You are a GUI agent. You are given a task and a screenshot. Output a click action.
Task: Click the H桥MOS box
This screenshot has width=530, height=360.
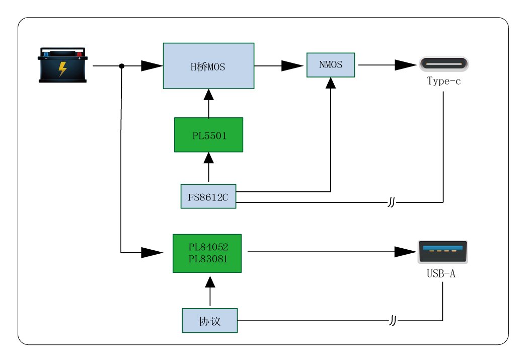[x=208, y=66]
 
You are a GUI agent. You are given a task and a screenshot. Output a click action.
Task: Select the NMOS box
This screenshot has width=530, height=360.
[x=331, y=65]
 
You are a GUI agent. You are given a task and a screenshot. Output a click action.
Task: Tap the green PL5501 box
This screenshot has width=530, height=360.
[x=208, y=134]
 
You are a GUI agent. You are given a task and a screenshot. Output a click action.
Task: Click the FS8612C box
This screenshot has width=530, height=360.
[x=208, y=196]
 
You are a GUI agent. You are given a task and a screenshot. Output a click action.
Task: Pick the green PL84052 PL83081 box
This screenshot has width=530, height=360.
[x=207, y=253]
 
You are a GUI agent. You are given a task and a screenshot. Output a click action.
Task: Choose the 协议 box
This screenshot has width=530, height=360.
[x=210, y=321]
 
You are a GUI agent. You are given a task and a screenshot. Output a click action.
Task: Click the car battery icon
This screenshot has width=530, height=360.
[x=63, y=65]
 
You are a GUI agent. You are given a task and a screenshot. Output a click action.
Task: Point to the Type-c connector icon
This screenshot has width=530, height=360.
[x=443, y=64]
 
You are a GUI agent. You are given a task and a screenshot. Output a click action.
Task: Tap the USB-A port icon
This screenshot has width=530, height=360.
[x=443, y=252]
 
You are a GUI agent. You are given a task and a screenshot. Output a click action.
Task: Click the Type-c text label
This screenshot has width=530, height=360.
[x=443, y=81]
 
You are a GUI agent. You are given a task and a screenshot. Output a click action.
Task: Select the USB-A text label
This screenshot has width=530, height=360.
[x=441, y=274]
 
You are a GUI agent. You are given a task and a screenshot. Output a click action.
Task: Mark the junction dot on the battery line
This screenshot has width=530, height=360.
[x=122, y=66]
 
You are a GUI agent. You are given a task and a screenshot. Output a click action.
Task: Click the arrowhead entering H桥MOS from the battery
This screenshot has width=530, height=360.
[x=152, y=66]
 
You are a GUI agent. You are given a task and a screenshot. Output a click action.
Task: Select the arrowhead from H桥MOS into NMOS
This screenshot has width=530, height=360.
[x=292, y=66]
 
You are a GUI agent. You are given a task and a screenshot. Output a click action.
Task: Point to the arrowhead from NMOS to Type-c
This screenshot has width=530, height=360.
[x=406, y=65]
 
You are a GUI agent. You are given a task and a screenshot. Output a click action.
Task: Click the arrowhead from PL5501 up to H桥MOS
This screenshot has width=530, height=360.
[x=208, y=95]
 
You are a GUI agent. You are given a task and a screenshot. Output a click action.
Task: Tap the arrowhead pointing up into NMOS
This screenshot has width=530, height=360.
[x=331, y=83]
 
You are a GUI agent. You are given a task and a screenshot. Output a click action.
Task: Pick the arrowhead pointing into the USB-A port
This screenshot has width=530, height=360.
[x=405, y=252]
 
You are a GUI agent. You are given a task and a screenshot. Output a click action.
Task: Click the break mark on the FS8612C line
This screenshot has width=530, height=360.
[x=392, y=202]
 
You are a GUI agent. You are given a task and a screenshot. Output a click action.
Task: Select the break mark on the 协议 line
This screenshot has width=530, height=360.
[x=393, y=321]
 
